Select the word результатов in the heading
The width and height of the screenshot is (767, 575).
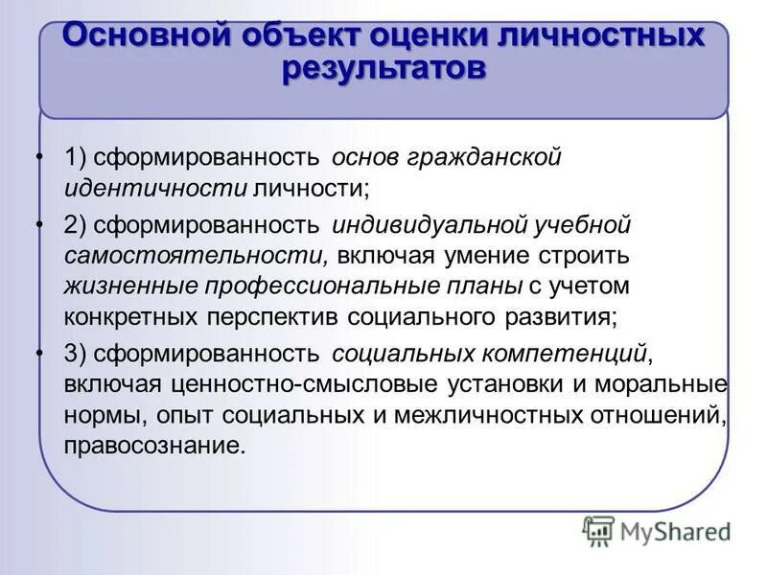(383, 70)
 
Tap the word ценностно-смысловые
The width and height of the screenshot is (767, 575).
(277, 384)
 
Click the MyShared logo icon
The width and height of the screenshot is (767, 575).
(599, 530)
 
